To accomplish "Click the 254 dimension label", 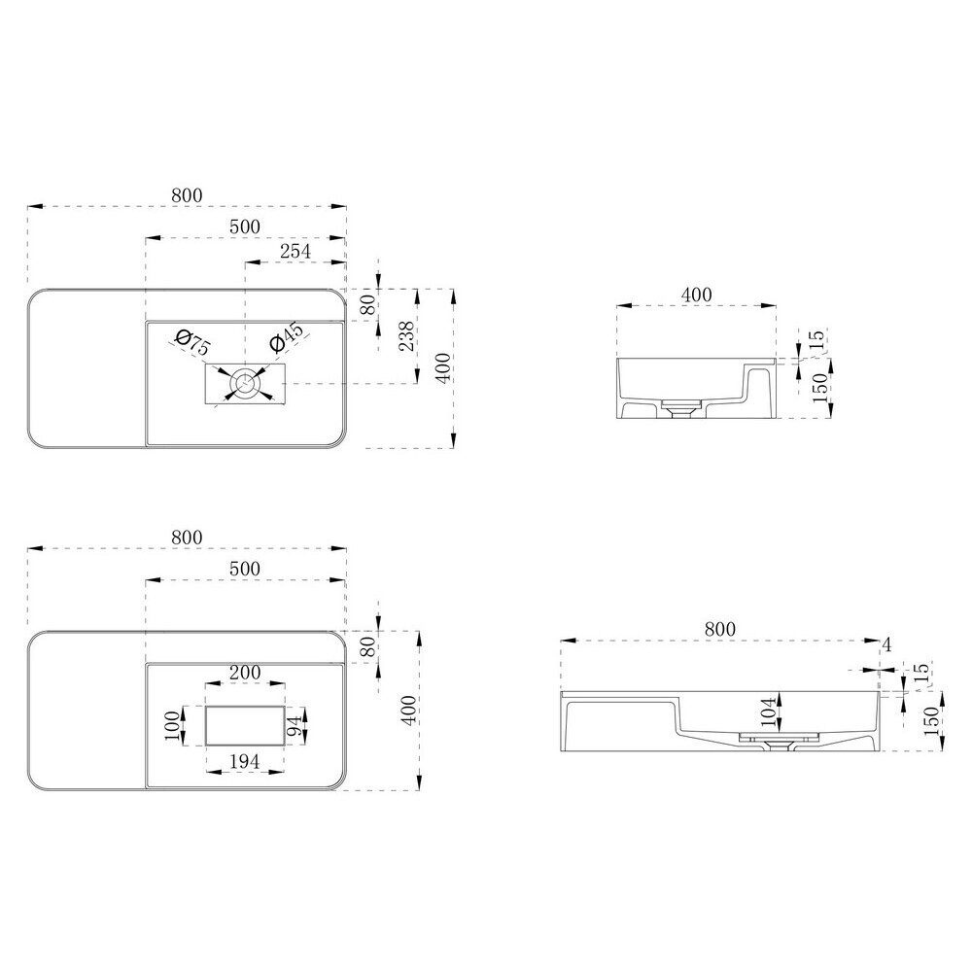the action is point(295,251).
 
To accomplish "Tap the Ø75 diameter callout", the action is point(192,343).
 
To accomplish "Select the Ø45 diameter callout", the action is point(286,338).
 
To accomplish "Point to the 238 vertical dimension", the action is point(406,336).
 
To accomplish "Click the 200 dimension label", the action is point(245,672).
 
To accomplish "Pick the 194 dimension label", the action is point(245,761).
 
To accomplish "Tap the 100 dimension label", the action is point(172,725).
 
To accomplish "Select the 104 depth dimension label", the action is point(768,712).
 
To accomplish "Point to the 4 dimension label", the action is point(886,645).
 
